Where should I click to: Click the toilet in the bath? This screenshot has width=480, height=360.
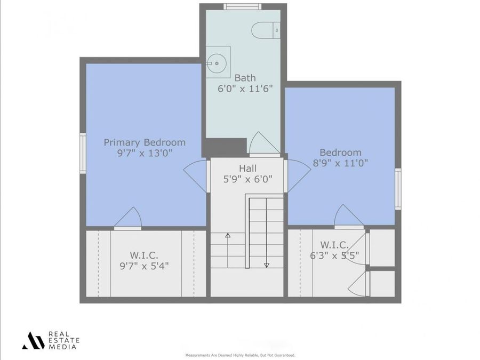pos(266,29)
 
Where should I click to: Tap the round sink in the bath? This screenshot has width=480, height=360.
pos(218,63)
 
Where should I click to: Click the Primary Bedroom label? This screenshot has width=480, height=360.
pos(145,142)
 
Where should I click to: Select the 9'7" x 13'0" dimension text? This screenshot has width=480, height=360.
pos(145,154)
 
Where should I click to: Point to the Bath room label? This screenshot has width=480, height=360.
pos(245,78)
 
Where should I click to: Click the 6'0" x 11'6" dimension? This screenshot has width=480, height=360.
pos(245,89)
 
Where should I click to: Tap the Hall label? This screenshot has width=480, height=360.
pos(247,169)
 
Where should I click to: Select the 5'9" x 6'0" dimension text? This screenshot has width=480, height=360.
pos(247,180)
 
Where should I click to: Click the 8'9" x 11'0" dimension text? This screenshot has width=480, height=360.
pos(340,163)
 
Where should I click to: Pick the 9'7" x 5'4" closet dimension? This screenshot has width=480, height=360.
pos(144,265)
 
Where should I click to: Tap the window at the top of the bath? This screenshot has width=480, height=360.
pos(242,6)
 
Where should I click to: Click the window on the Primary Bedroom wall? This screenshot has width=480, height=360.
pos(83,153)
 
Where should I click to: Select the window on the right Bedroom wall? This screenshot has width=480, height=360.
pos(398,189)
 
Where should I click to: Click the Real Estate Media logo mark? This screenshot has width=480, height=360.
pos(33,340)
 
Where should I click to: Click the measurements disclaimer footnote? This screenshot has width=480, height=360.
pos(240,355)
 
